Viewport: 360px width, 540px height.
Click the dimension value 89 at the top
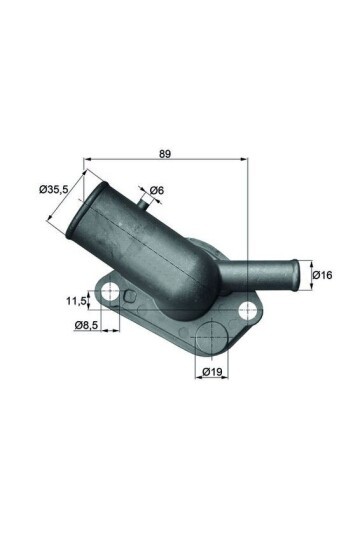pos(166,153)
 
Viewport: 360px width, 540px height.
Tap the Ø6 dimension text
pos(157,191)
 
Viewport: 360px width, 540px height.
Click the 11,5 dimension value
pos(77,298)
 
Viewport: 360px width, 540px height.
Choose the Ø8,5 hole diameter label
pos(86,325)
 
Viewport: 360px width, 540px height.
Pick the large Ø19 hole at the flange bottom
pos(212,338)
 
